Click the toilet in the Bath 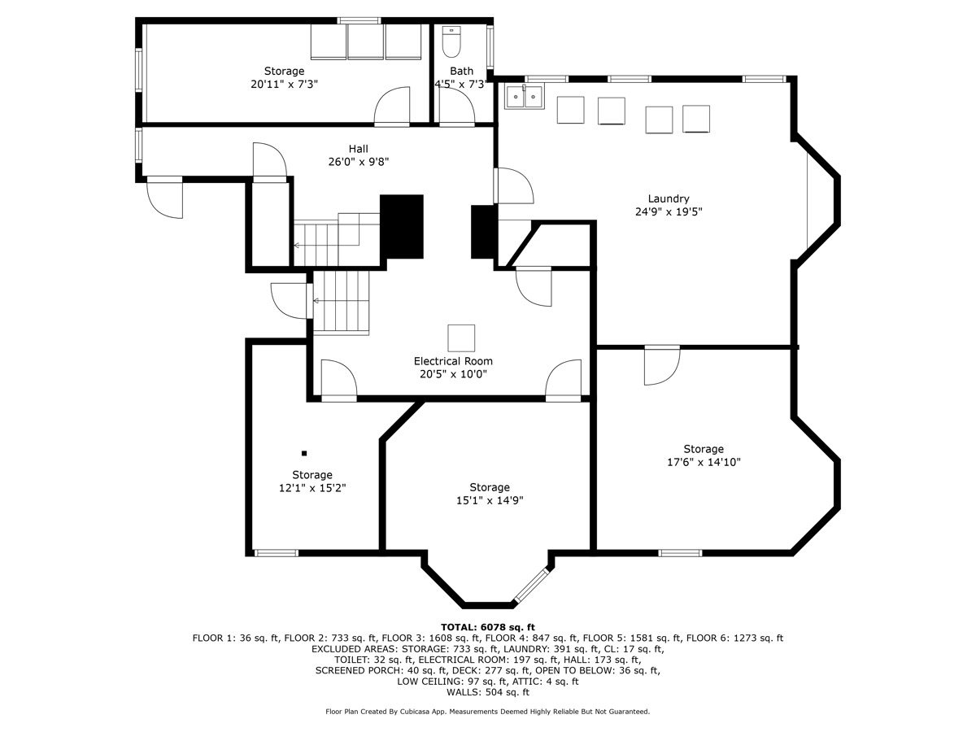click(451, 41)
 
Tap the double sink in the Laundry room click(524, 97)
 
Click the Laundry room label click(668, 198)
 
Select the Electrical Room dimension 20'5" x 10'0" click(453, 375)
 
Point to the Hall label click(358, 149)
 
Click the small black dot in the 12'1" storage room click(304, 453)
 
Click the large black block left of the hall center click(403, 226)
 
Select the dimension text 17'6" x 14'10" click(703, 462)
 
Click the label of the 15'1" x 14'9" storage click(489, 487)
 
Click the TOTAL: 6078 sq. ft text click(487, 627)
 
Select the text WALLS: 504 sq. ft click(487, 693)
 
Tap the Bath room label click(461, 72)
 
